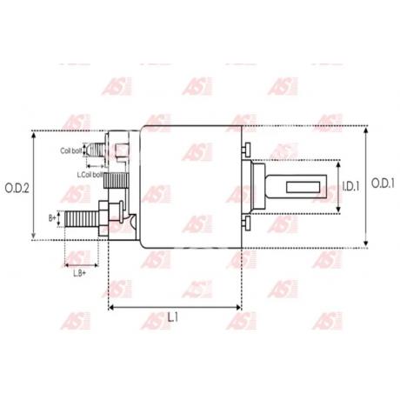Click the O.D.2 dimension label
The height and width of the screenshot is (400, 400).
point(17,187)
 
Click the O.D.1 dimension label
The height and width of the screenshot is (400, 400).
point(383,183)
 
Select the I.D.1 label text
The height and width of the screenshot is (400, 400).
point(350,186)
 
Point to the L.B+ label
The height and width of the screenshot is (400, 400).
point(79,272)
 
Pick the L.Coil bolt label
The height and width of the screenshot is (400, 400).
point(90,175)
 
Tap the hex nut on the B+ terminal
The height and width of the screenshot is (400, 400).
point(106,213)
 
